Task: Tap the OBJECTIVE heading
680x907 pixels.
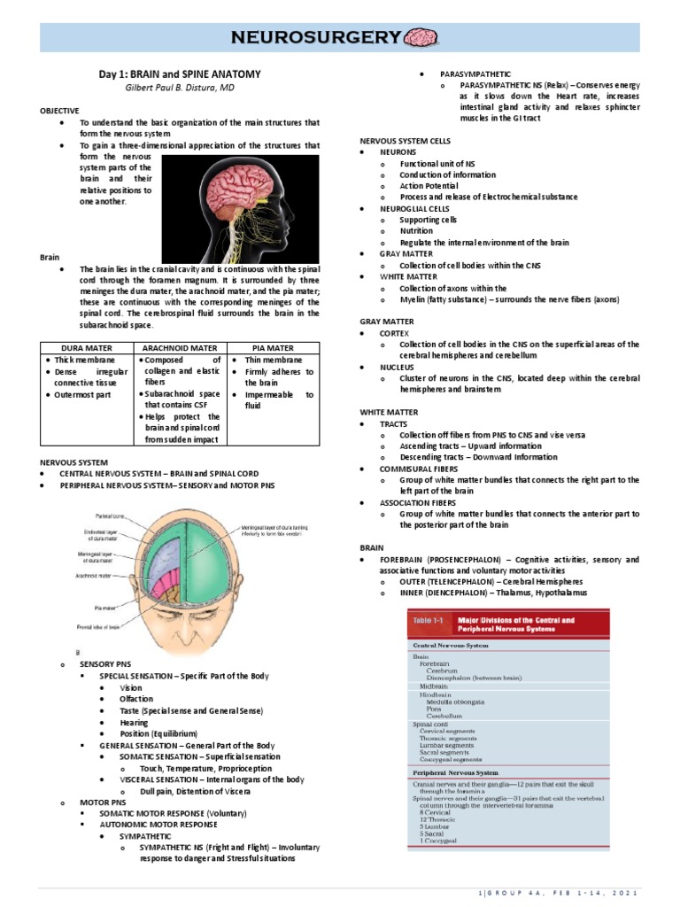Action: (x=59, y=111)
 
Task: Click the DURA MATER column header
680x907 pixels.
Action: (x=87, y=348)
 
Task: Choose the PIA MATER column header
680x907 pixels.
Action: (x=273, y=348)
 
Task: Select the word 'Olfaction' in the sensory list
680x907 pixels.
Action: (x=136, y=699)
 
